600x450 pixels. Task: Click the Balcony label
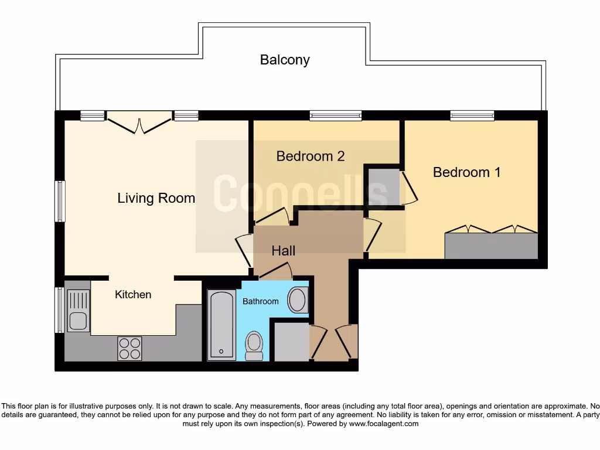tap(285, 60)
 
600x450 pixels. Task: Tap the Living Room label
tap(156, 198)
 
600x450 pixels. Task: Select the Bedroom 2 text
tap(310, 156)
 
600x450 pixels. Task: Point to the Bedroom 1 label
tap(466, 172)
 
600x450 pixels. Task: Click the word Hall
tap(283, 251)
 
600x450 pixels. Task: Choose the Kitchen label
tap(132, 295)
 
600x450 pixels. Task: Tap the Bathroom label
tap(261, 301)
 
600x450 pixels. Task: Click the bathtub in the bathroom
tap(222, 325)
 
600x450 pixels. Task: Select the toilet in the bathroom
tap(254, 345)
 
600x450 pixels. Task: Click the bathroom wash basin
tap(298, 300)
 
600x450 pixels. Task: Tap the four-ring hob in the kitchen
tap(129, 348)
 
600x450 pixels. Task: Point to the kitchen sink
tap(77, 311)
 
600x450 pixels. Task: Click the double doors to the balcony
tap(139, 123)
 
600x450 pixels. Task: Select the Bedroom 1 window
tap(472, 116)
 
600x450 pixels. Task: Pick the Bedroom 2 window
tap(336, 116)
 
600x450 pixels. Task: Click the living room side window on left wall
tap(60, 201)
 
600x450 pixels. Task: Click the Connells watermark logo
tap(300, 193)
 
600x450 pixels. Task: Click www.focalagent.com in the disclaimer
tap(383, 424)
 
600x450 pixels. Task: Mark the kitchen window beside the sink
tap(59, 310)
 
